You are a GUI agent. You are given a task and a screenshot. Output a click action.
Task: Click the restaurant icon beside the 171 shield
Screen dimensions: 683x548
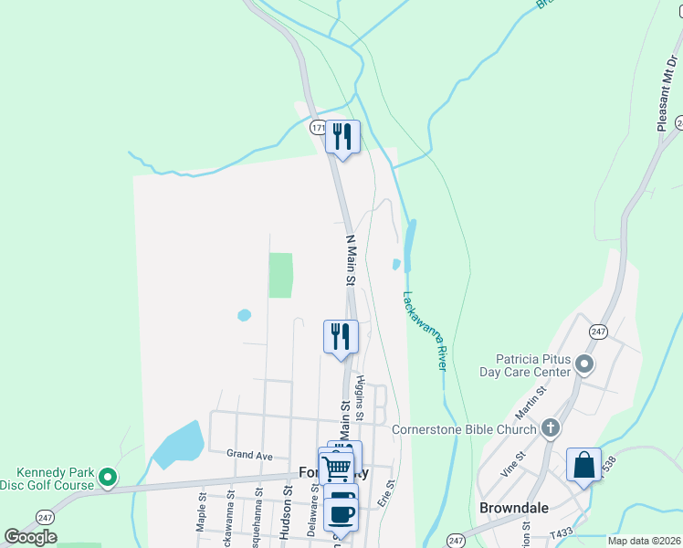point(342,137)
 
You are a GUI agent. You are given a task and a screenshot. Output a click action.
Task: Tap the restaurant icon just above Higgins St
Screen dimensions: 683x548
point(341,335)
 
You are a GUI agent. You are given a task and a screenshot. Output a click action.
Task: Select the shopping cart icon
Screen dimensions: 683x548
point(336,468)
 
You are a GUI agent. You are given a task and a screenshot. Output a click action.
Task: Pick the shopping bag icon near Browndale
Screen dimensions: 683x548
point(583,466)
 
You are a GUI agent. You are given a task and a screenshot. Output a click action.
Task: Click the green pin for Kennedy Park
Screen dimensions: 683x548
point(108,477)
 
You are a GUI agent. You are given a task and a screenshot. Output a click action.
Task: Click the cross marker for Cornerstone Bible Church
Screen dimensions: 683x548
point(550,427)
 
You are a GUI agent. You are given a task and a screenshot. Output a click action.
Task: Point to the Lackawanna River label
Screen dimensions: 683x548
point(423,330)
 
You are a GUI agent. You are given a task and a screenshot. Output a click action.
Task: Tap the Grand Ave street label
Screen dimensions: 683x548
point(249,454)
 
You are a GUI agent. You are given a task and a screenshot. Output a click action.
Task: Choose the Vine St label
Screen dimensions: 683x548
point(513,465)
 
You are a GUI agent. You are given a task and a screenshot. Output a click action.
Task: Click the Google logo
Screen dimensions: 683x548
point(30,537)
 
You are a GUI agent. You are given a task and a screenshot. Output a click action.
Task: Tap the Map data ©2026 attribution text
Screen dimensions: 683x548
point(644,541)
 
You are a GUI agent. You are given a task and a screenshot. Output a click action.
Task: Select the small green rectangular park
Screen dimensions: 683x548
point(280,275)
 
